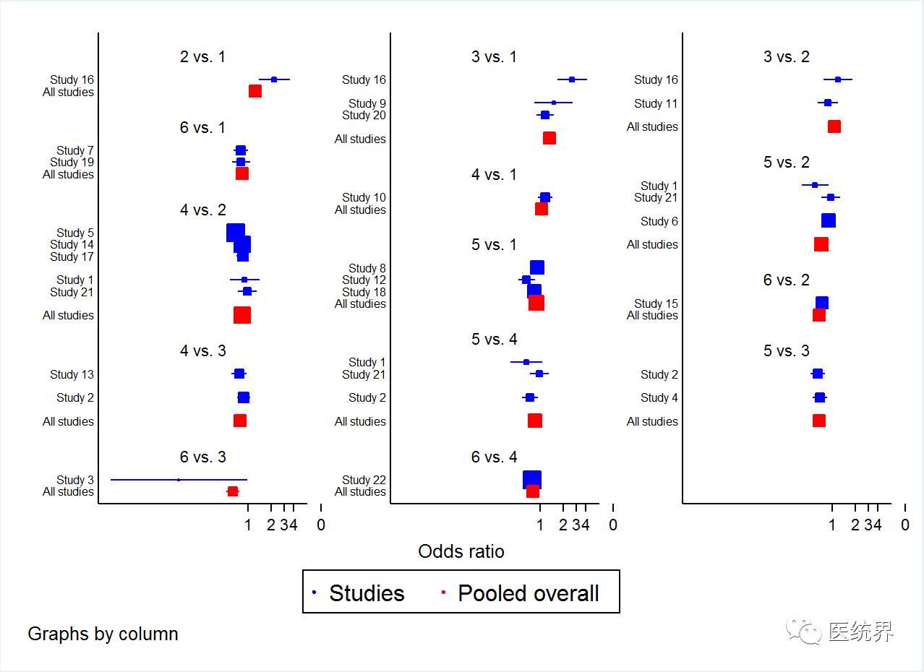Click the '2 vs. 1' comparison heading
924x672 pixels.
pyautogui.click(x=202, y=56)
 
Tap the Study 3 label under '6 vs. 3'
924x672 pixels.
pyautogui.click(x=75, y=480)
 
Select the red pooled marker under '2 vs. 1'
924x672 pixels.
pyautogui.click(x=254, y=91)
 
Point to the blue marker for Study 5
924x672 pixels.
pyautogui.click(x=235, y=233)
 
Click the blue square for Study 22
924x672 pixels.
pyautogui.click(x=531, y=480)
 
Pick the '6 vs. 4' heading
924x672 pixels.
pyautogui.click(x=494, y=457)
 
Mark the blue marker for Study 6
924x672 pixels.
pyautogui.click(x=829, y=220)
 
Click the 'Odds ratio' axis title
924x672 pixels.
pyautogui.click(x=461, y=551)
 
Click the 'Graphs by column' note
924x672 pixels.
pyautogui.click(x=103, y=634)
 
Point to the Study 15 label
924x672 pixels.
pyautogui.click(x=656, y=303)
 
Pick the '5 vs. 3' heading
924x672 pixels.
pyautogui.click(x=786, y=350)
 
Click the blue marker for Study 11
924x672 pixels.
pyautogui.click(x=828, y=103)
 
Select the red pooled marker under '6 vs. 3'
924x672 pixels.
pyautogui.click(x=233, y=491)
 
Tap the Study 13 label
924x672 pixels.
pyautogui.click(x=72, y=374)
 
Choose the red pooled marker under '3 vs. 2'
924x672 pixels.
pyautogui.click(x=834, y=126)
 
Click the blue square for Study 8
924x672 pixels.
pyautogui.click(x=537, y=268)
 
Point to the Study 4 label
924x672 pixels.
pyautogui.click(x=659, y=397)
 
